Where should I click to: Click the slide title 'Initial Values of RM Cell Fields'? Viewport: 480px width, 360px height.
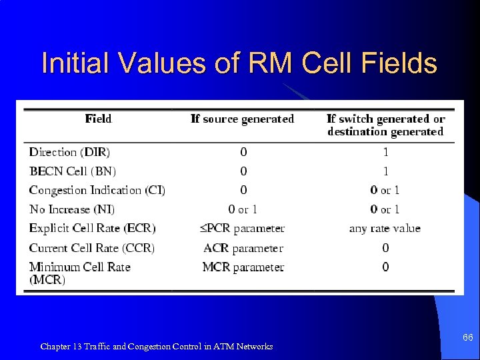239,64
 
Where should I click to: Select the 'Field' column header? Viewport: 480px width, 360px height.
99,119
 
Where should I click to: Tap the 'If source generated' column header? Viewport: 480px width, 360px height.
242,119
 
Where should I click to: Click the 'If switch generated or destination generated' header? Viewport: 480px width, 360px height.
385,125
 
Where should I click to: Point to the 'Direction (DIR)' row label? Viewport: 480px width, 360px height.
69,152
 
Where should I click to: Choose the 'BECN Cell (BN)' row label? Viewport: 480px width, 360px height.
72,171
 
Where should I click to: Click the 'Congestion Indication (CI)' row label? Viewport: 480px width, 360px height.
97,190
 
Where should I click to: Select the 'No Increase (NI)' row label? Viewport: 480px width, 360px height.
72,209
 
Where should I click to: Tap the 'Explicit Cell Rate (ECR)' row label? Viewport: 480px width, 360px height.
92,228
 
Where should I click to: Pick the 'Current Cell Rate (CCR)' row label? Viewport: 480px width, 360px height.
91,247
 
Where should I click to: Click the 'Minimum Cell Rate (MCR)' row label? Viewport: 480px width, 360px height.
79,273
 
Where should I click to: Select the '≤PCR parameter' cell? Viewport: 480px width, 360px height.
243,228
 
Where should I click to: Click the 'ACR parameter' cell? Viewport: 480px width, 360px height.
243,247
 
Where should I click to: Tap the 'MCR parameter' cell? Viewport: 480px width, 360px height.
243,267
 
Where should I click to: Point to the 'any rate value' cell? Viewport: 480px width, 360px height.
385,228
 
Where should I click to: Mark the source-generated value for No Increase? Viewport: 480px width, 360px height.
243,209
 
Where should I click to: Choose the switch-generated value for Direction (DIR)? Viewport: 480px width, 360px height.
385,152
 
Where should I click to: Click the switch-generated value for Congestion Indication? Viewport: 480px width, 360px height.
385,190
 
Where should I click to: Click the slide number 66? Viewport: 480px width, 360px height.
467,338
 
